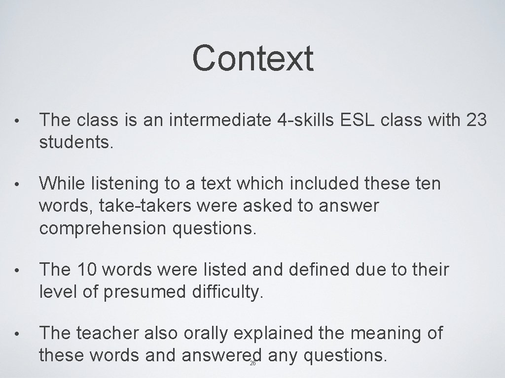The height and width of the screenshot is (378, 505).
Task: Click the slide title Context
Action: [252, 58]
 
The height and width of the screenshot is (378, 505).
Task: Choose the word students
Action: [76, 144]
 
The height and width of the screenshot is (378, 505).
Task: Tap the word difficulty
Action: [229, 293]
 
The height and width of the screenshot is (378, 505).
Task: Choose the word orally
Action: [206, 334]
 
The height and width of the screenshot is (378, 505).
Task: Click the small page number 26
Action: [252, 363]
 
